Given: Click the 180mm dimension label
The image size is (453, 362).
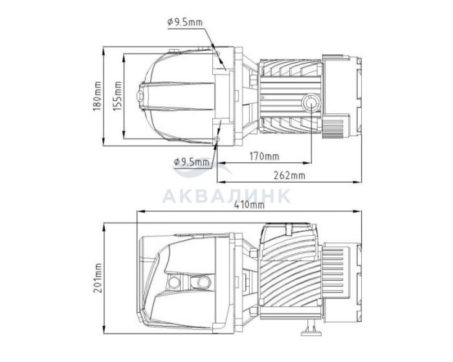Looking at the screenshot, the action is coord(97,96).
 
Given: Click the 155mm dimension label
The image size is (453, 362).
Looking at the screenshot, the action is coord(117,96).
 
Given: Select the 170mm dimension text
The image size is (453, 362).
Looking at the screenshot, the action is coord(264,157).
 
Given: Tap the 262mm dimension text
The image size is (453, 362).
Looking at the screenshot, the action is coord(289,175).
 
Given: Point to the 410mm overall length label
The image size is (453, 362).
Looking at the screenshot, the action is coord(249,205).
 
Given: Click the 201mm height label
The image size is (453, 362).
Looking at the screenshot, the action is coord(97,278).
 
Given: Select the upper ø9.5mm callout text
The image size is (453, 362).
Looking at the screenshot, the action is coord(185,22).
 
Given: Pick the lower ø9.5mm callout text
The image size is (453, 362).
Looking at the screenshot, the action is coord(192,162).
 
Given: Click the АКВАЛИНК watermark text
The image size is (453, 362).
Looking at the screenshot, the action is coord(226,196).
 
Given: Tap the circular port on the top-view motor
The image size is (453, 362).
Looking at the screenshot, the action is coord(311,103).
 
